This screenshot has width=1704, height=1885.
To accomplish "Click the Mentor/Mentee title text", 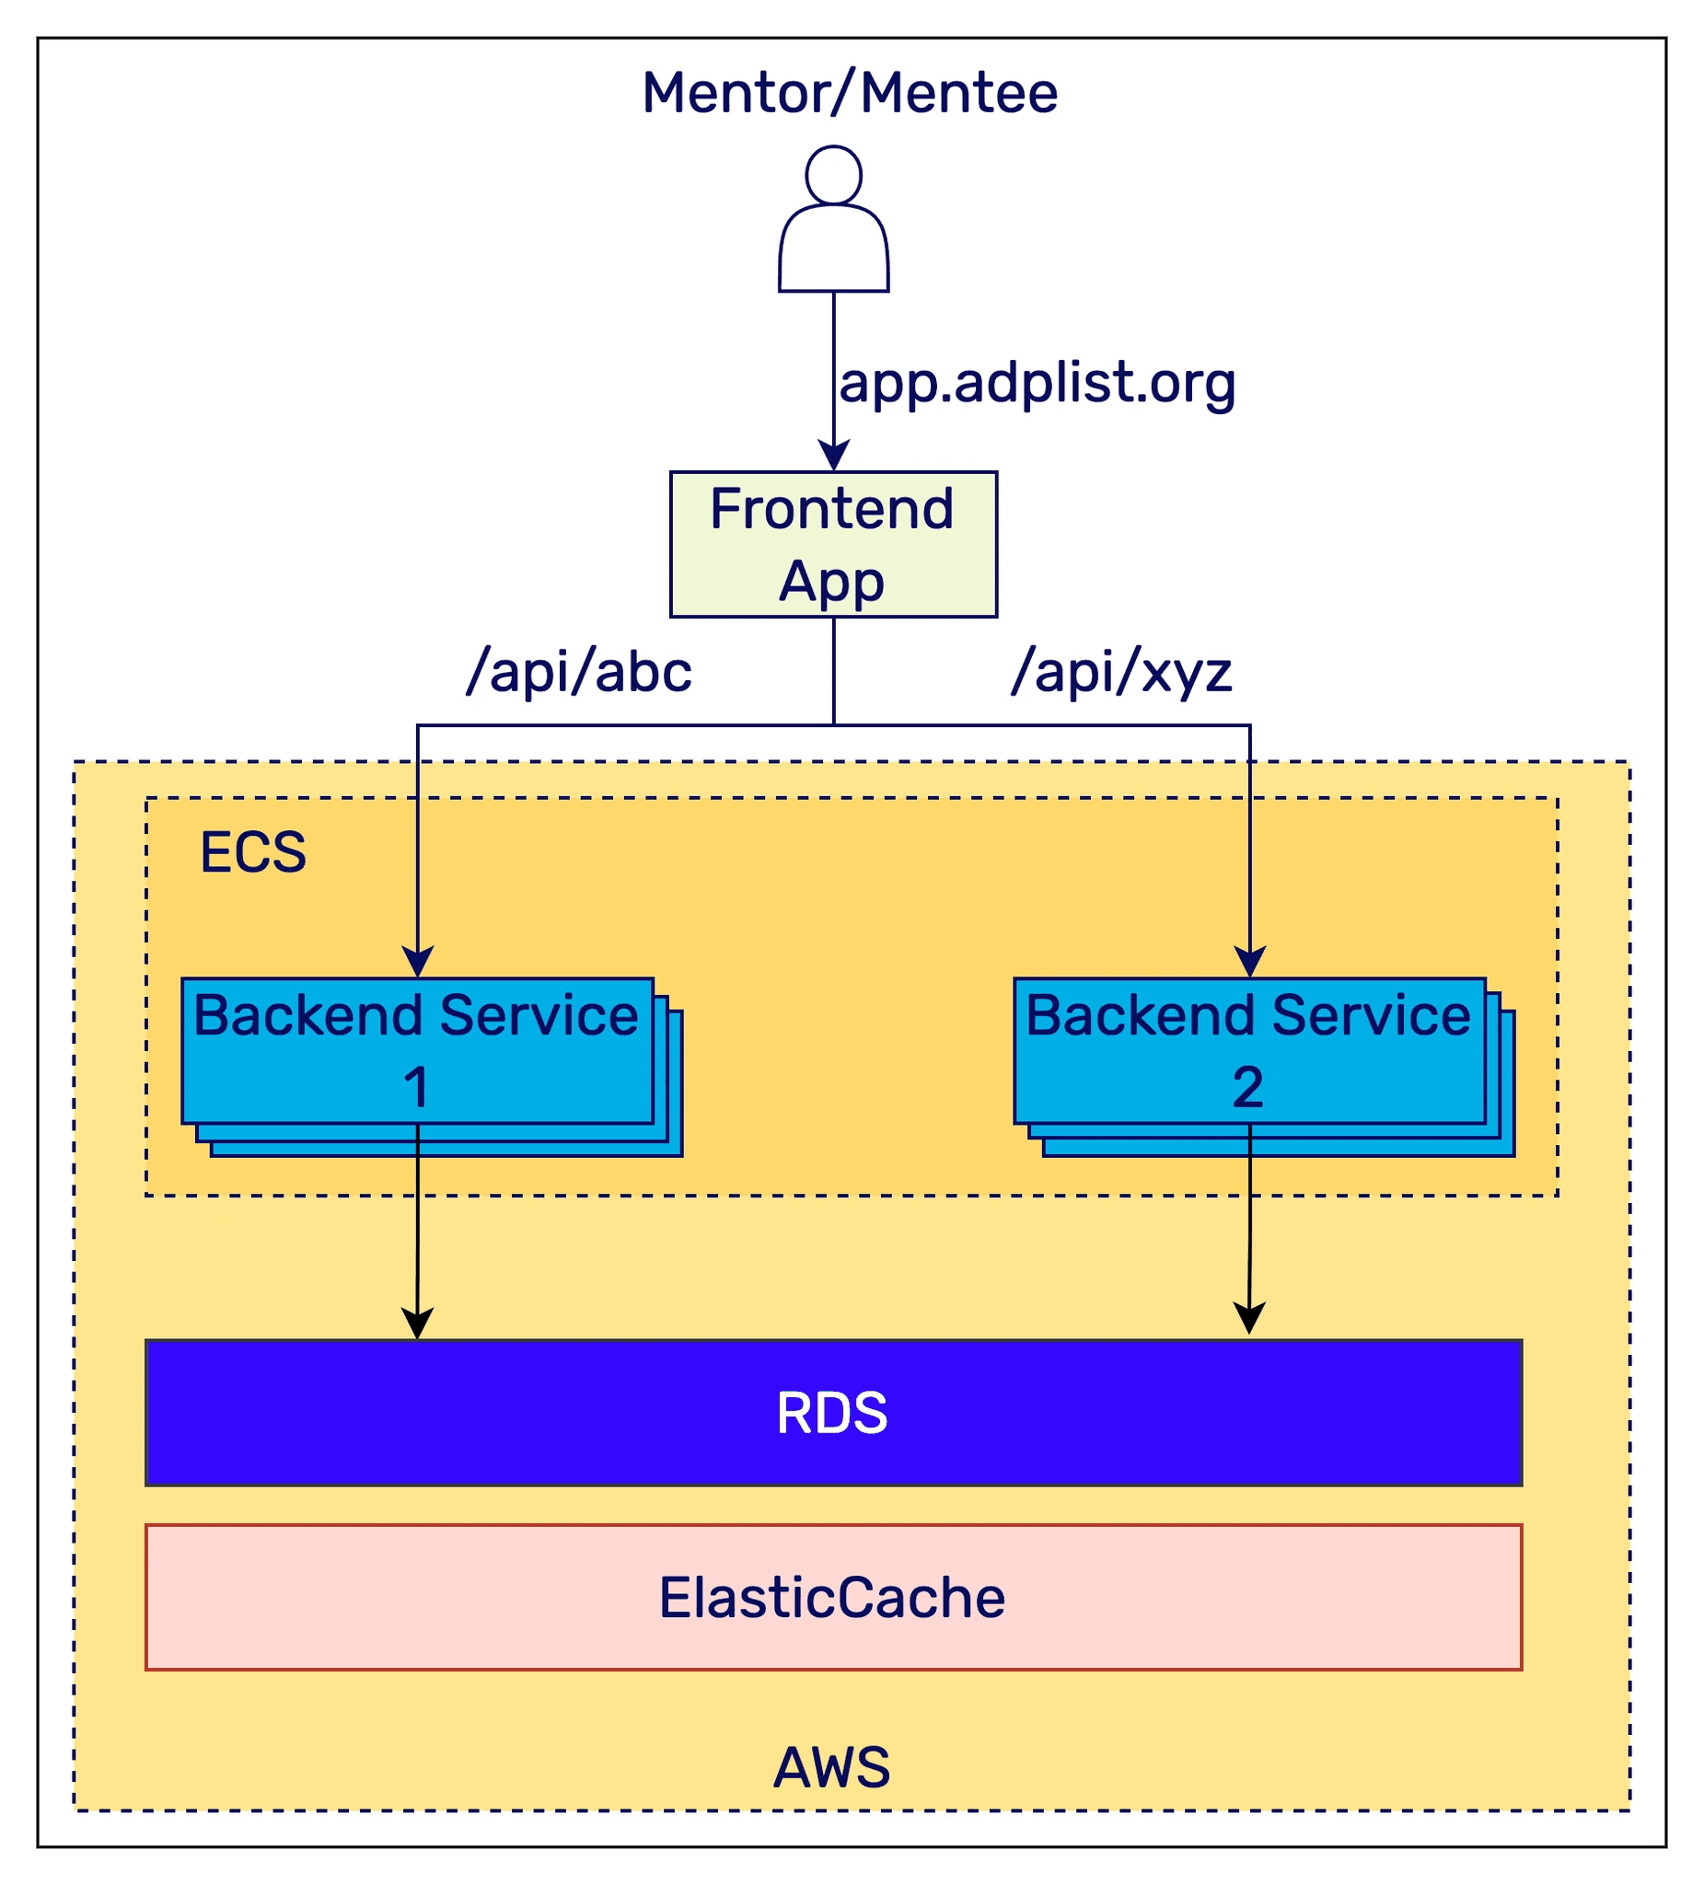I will click(849, 94).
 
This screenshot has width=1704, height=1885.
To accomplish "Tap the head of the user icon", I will click(833, 175).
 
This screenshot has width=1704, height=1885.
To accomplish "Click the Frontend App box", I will click(833, 544).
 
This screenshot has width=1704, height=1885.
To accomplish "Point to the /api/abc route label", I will click(579, 671).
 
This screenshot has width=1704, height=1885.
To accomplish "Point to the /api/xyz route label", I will click(1121, 671).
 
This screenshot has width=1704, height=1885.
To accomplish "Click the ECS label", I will click(252, 851).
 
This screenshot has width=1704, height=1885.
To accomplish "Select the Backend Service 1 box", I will click(417, 1051).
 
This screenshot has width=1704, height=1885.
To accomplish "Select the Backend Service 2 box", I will click(1249, 1051).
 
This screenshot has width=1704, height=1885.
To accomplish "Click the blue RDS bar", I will click(833, 1413).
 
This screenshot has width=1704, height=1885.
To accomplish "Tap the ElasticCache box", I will click(833, 1597).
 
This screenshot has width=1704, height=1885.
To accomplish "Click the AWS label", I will click(831, 1767).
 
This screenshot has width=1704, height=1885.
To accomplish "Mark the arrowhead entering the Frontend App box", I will click(833, 457).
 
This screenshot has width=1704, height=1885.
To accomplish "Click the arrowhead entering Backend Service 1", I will click(417, 963).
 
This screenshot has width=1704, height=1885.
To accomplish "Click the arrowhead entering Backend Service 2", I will click(1250, 963).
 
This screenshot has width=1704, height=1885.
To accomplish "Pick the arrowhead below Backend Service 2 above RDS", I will click(1249, 1318).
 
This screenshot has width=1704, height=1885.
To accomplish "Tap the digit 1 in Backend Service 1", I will click(416, 1087).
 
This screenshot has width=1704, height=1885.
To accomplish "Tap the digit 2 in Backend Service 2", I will click(1248, 1087).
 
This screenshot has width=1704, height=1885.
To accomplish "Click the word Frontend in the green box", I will click(831, 509).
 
